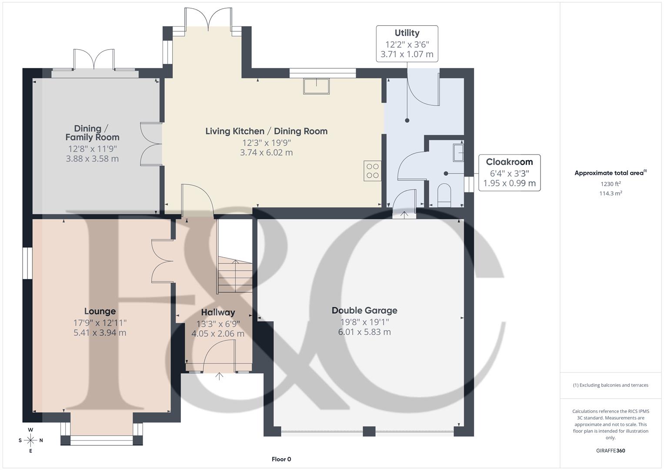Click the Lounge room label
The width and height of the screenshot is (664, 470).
[100, 311]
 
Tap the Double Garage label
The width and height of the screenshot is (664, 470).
[364, 310]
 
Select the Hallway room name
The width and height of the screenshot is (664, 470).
[218, 312]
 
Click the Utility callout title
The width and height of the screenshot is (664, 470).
[407, 33]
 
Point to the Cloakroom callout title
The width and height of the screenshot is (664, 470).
[509, 162]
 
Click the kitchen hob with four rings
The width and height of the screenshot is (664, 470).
[372, 170]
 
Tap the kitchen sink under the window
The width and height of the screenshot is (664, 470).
[317, 86]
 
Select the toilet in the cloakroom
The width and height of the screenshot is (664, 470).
[444, 195]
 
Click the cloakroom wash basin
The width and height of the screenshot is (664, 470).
[458, 153]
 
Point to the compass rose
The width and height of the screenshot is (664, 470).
[30, 440]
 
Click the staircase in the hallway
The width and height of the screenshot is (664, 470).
[235, 274]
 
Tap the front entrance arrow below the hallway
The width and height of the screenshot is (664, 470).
[219, 376]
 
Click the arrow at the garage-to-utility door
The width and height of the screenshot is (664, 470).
[404, 214]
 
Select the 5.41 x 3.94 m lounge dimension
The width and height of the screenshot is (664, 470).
[100, 333]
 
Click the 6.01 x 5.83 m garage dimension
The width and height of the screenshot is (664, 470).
[364, 332]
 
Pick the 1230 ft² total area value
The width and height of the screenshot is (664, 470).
[611, 184]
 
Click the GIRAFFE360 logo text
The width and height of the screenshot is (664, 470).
[611, 451]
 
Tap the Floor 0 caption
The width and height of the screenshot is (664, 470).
[281, 459]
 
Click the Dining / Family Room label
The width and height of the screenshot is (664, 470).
[92, 133]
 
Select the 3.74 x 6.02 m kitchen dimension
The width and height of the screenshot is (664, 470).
[266, 153]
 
